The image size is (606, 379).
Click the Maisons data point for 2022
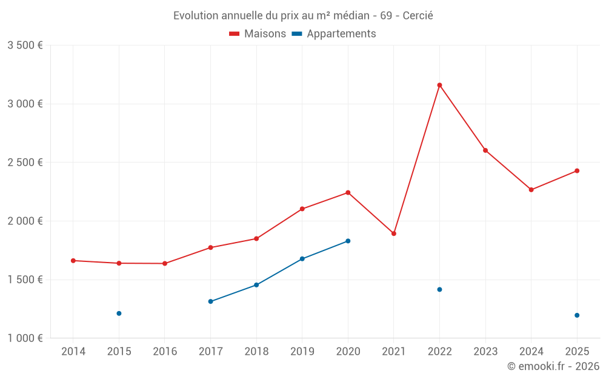(x=439, y=85)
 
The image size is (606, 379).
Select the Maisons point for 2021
(x=394, y=233)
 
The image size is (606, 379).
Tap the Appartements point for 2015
(x=119, y=314)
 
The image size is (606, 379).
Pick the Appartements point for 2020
(x=348, y=241)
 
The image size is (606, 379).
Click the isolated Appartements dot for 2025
(x=577, y=315)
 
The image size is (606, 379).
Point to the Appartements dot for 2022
(x=439, y=289)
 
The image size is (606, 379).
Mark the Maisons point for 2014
(x=73, y=261)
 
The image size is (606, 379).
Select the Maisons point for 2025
(x=577, y=171)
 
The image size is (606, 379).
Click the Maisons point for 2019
(x=302, y=209)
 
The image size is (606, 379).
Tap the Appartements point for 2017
(x=210, y=301)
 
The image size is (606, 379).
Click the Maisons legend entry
(x=258, y=34)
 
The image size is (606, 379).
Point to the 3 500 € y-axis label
(x=25, y=45)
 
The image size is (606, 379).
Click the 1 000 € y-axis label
(x=25, y=338)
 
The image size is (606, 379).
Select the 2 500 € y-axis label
(x=25, y=163)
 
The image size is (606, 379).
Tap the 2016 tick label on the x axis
(x=165, y=352)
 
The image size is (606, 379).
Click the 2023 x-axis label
(x=485, y=352)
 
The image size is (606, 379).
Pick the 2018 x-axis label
(x=256, y=352)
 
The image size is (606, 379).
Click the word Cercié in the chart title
(x=418, y=16)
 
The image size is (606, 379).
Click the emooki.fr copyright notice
(x=553, y=366)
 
